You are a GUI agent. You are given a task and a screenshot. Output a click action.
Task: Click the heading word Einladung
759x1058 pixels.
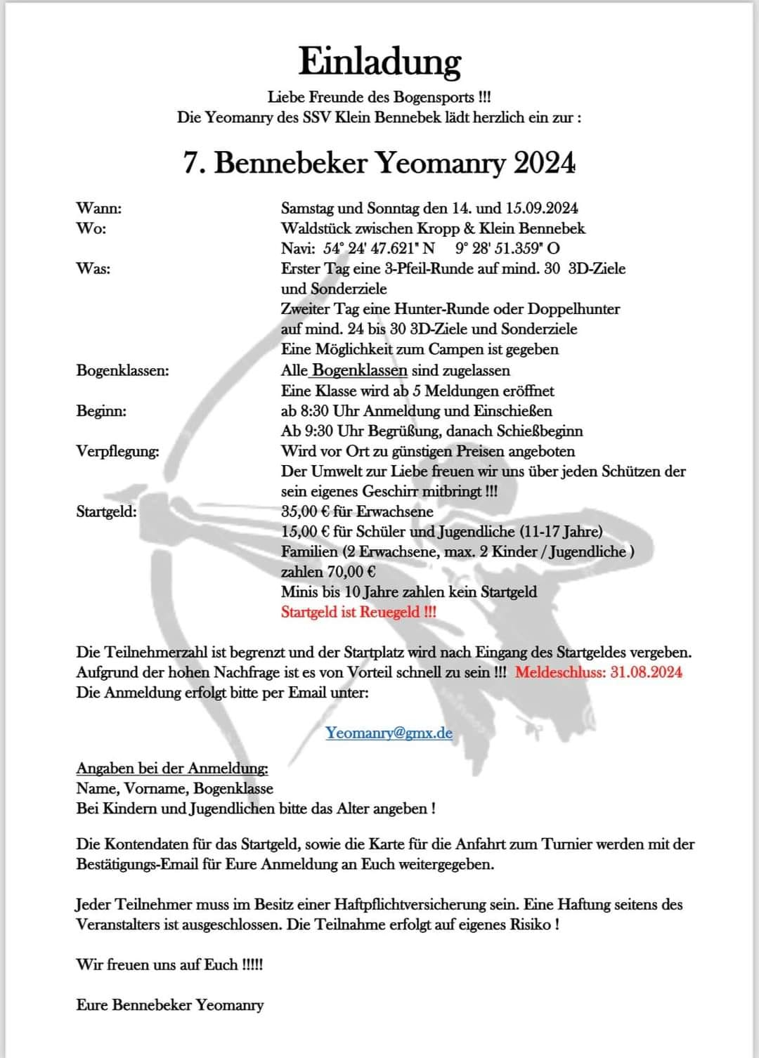pos(379,62)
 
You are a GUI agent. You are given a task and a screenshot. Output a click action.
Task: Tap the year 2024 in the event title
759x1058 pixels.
pos(544,163)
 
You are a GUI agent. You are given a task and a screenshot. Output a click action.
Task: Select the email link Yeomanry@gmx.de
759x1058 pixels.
pos(389,733)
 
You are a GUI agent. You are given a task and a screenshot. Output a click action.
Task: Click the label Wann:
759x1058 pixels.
pos(98,208)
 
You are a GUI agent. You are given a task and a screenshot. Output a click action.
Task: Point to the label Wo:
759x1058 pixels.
pos(91,228)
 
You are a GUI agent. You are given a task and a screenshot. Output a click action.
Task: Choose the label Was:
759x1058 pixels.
pos(93,268)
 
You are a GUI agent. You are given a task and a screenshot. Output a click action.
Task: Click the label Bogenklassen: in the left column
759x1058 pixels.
pos(122,370)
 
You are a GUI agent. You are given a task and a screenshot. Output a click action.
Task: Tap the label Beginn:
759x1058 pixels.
pos(101,411)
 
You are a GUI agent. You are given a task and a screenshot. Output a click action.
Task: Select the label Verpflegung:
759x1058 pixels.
pos(117,451)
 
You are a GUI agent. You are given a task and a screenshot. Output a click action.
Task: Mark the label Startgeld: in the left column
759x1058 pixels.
pos(106,511)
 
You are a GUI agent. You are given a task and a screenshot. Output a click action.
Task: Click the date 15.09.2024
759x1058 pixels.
pos(542,208)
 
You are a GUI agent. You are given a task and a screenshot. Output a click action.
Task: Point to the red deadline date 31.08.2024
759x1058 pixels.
pos(646,672)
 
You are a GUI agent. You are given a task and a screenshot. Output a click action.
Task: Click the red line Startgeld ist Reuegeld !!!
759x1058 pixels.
pos(358,612)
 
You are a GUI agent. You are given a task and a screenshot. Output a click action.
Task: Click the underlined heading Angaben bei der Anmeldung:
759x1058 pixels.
pos(172,768)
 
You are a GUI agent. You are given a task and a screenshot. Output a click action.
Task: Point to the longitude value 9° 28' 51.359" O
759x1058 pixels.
pos(507,248)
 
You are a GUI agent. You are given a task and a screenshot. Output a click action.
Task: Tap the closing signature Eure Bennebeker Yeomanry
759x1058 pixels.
pos(170,1005)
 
